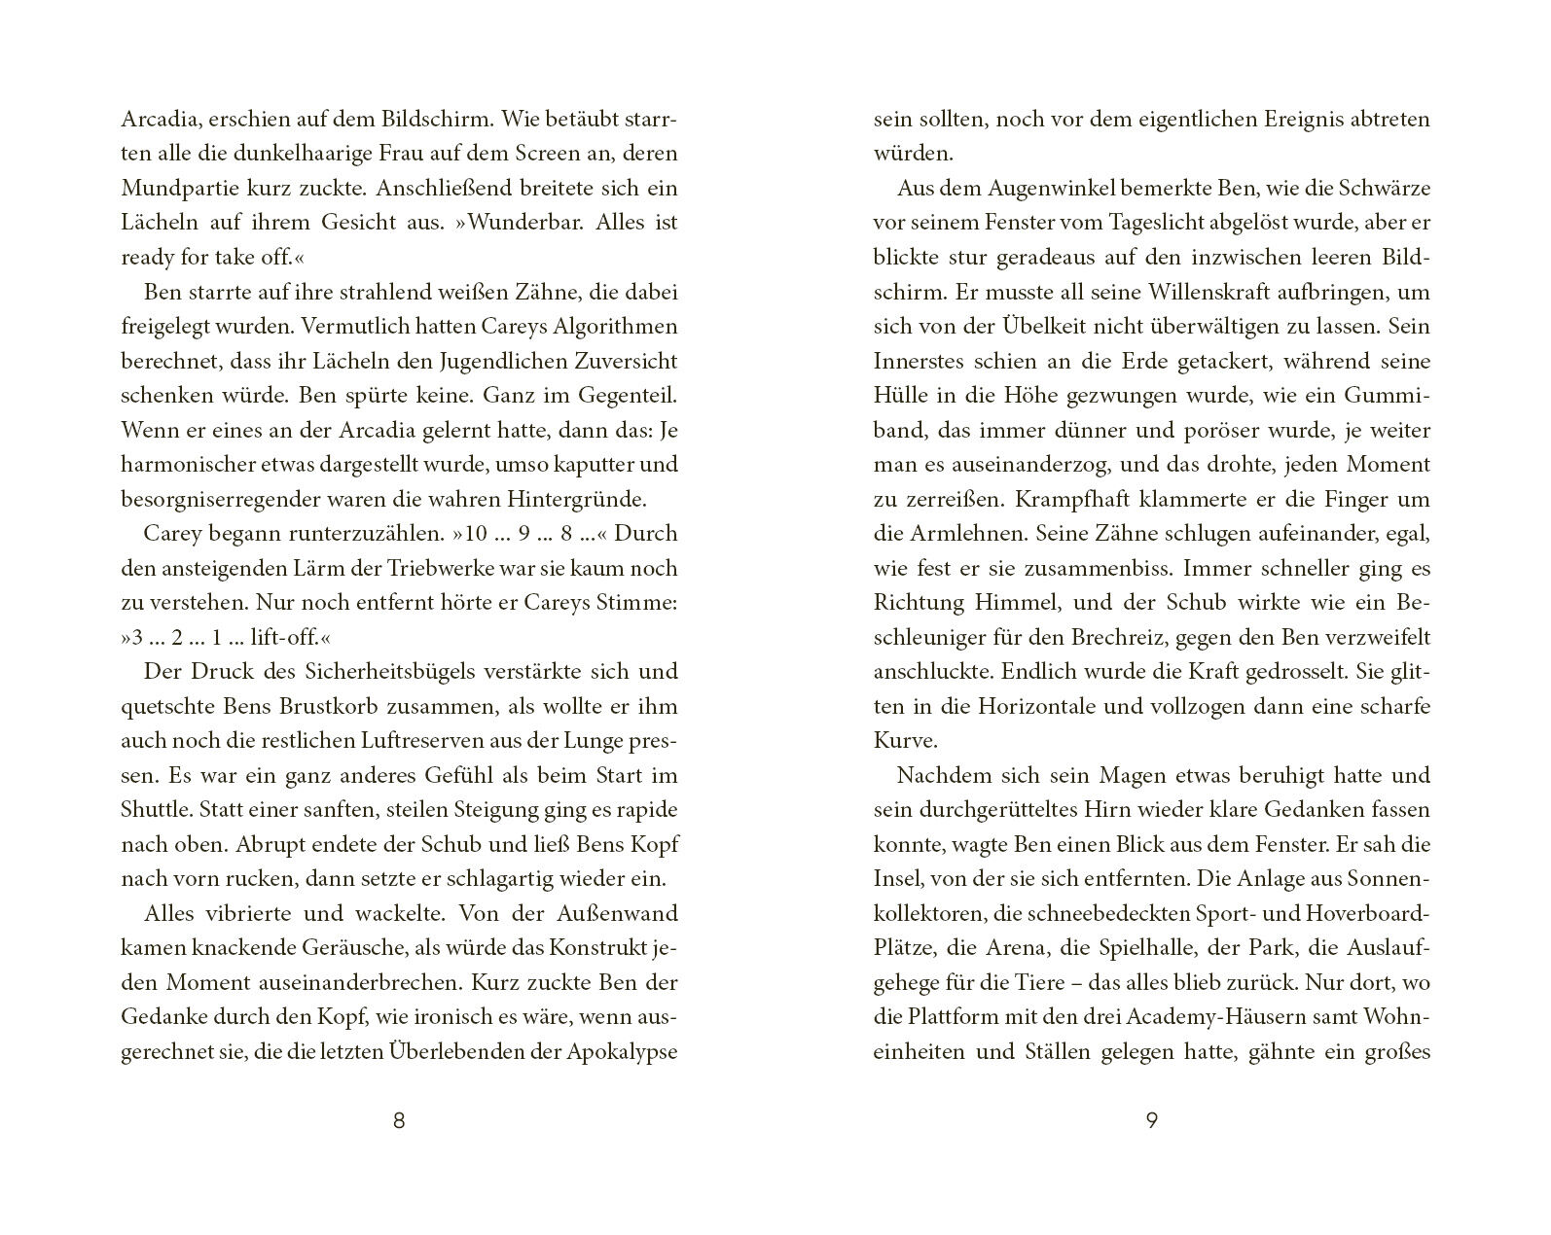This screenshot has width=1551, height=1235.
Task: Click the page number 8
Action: [398, 1120]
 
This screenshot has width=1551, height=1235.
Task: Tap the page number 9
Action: [1151, 1120]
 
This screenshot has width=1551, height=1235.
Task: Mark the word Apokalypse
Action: [623, 1052]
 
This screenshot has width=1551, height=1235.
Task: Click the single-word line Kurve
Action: [905, 741]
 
